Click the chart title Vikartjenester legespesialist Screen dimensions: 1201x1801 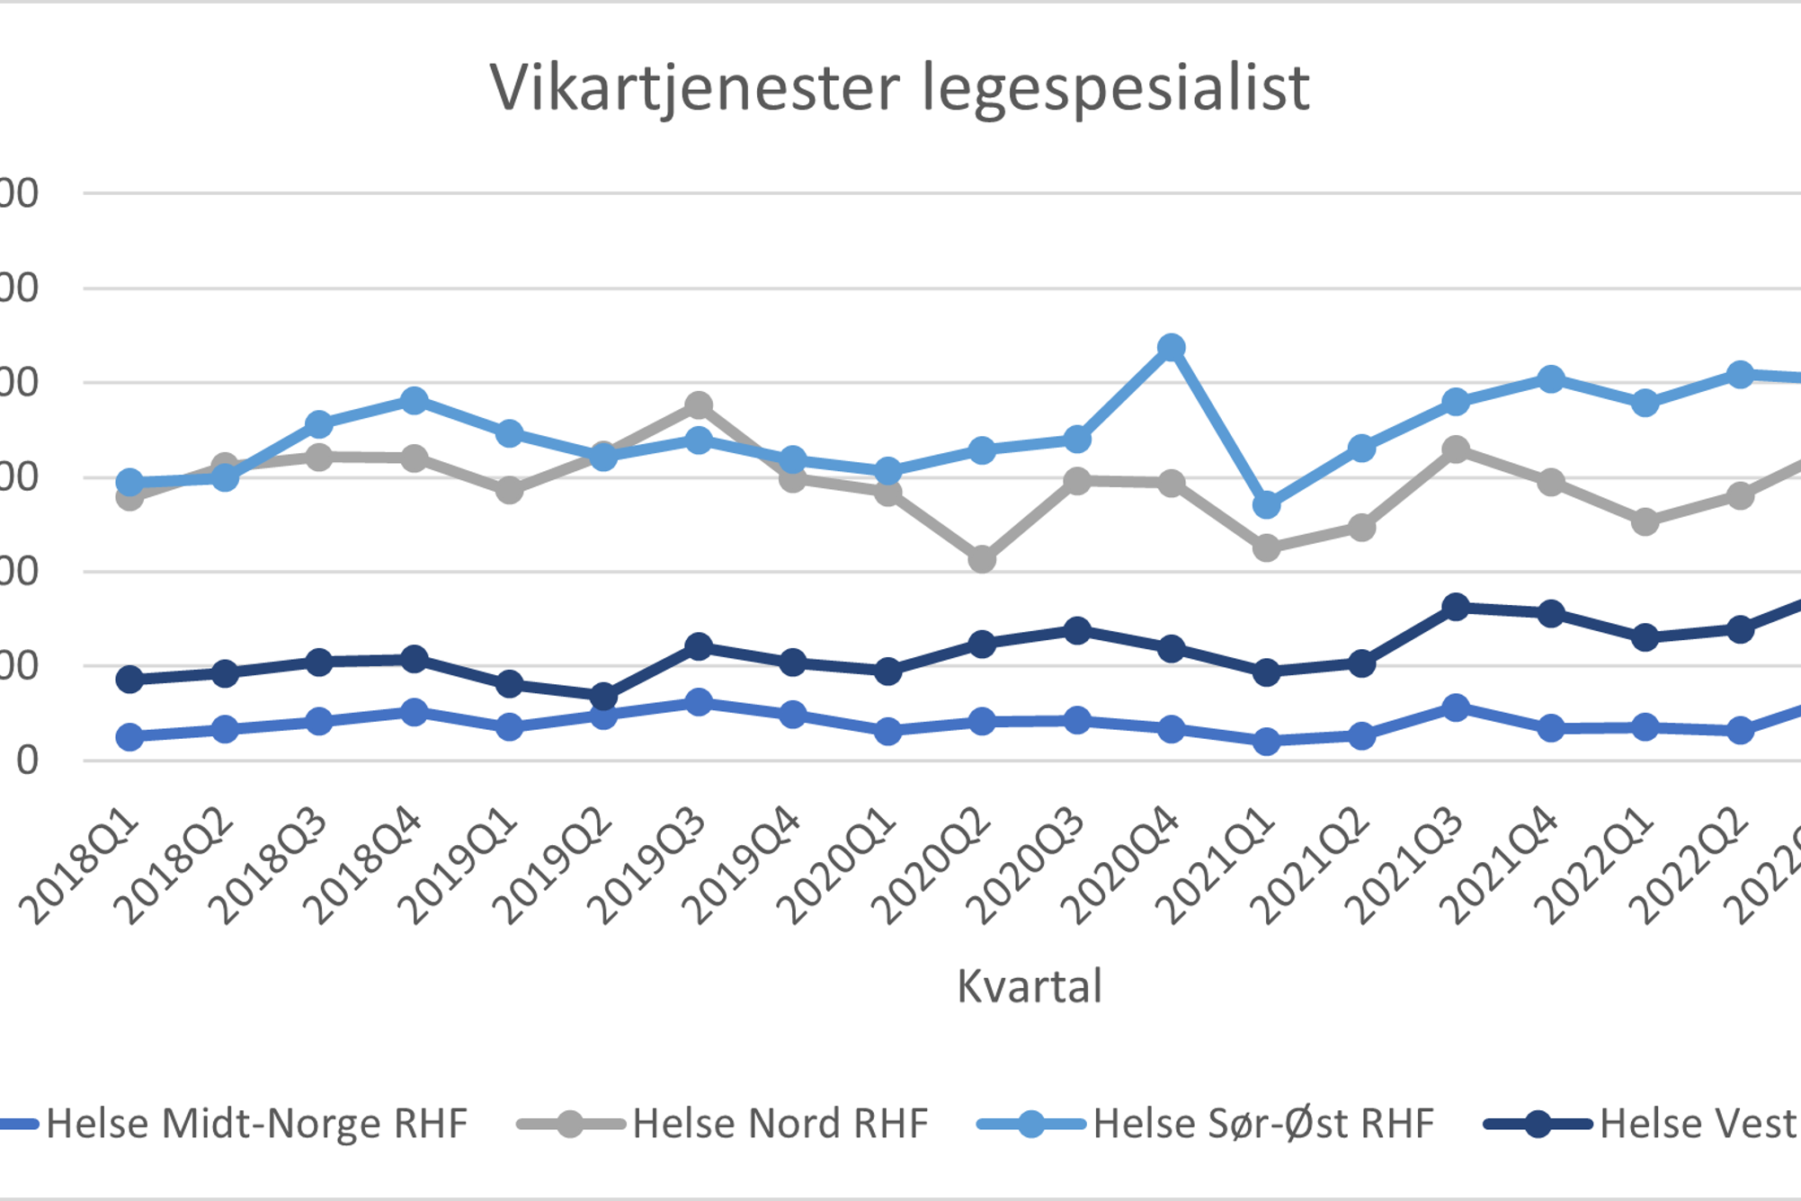pyautogui.click(x=899, y=88)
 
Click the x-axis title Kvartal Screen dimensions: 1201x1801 pyautogui.click(x=1029, y=986)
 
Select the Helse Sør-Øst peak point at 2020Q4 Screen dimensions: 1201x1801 pyautogui.click(x=1171, y=347)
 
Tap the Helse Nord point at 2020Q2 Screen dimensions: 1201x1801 pyautogui.click(x=982, y=559)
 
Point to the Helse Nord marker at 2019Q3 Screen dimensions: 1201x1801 pyautogui.click(x=699, y=405)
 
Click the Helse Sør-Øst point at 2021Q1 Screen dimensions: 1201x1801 pyautogui.click(x=1266, y=505)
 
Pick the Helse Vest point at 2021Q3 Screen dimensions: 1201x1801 pyautogui.click(x=1456, y=608)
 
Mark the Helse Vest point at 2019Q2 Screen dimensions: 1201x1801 pyautogui.click(x=603, y=696)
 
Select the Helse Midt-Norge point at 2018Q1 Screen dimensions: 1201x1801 pyautogui.click(x=130, y=737)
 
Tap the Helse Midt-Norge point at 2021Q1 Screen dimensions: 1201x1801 pyautogui.click(x=1266, y=741)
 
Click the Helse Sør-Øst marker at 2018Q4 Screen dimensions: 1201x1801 pyautogui.click(x=415, y=400)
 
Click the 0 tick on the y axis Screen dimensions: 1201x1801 pyautogui.click(x=27, y=761)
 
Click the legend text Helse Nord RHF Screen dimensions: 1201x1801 pyautogui.click(x=780, y=1124)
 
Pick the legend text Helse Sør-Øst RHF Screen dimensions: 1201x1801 pyautogui.click(x=1263, y=1124)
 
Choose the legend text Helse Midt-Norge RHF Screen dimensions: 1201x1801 pyautogui.click(x=256, y=1124)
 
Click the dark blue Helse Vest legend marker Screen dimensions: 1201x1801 pyautogui.click(x=1538, y=1124)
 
